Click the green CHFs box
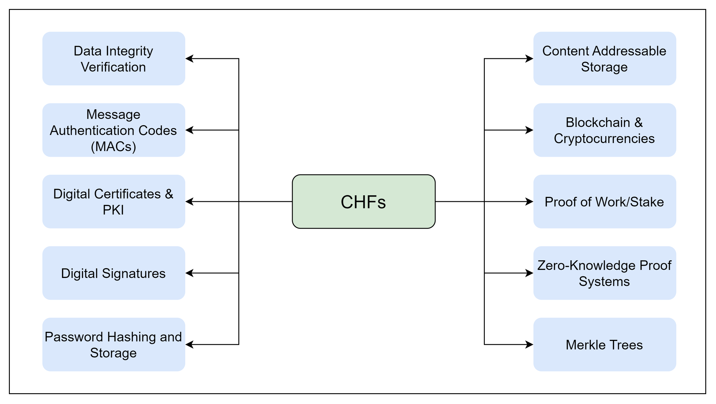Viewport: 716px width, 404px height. (x=363, y=202)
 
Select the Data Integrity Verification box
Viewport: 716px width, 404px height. (x=113, y=59)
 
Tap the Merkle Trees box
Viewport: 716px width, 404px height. (x=604, y=345)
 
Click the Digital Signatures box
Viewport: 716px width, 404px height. (x=113, y=273)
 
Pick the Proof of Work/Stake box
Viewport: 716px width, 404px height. (x=604, y=202)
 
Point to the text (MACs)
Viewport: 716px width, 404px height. (x=113, y=147)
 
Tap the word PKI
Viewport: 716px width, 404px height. (x=113, y=210)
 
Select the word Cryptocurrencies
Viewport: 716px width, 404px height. (x=604, y=139)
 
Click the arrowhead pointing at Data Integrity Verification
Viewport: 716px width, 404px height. (x=189, y=59)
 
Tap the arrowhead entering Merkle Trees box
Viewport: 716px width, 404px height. (x=530, y=345)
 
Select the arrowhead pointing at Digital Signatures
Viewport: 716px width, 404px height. (x=189, y=273)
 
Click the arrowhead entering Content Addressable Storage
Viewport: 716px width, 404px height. (x=530, y=59)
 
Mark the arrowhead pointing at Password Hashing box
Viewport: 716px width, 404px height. (x=189, y=345)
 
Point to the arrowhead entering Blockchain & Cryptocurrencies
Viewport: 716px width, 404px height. (x=530, y=130)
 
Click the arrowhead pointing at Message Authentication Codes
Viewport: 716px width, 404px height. (x=189, y=130)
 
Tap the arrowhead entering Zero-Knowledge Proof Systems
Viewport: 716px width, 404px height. (x=530, y=273)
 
